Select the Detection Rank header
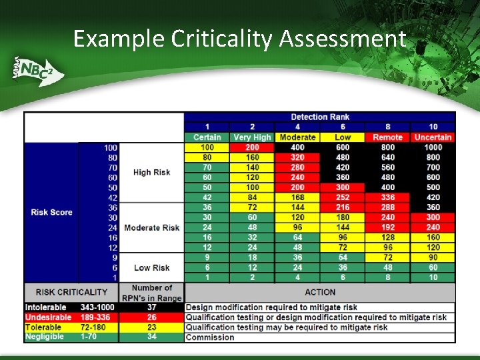pyautogui.click(x=319, y=117)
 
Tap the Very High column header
pyautogui.click(x=252, y=137)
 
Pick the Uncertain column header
pyautogui.click(x=433, y=137)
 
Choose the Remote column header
pyautogui.click(x=387, y=137)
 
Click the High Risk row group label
pyautogui.click(x=151, y=172)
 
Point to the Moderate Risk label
pyautogui.click(x=151, y=227)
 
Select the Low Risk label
pyautogui.click(x=151, y=267)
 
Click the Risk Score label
pyautogui.click(x=51, y=212)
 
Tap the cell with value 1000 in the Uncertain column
pyautogui.click(x=433, y=147)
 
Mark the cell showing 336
pyautogui.click(x=387, y=197)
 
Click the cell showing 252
pyautogui.click(x=342, y=197)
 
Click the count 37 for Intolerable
pyautogui.click(x=152, y=307)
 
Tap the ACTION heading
pyautogui.click(x=319, y=292)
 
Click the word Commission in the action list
pyautogui.click(x=210, y=337)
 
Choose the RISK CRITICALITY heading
pyautogui.click(x=71, y=292)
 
